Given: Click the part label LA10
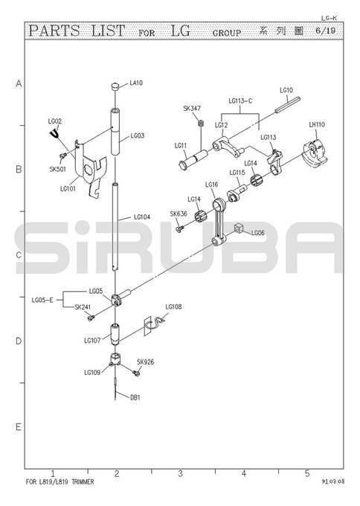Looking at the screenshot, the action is click(x=136, y=83).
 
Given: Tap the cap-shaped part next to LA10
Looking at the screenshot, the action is click(x=115, y=86).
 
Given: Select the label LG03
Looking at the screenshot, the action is click(x=138, y=136).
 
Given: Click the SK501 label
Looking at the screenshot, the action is click(x=58, y=169).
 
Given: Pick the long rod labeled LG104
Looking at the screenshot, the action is click(x=115, y=226).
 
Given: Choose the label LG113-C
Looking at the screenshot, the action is click(x=240, y=101).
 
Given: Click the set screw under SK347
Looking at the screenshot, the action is click(x=201, y=123).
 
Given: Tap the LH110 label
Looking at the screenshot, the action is click(x=317, y=124).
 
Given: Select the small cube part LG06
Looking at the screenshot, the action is click(x=238, y=228).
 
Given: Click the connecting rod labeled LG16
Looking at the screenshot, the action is click(x=219, y=222).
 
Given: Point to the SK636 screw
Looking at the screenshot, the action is click(x=180, y=228).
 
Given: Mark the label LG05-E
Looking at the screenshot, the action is click(x=42, y=300).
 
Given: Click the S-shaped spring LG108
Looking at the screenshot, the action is click(x=154, y=324).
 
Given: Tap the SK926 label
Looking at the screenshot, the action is click(x=146, y=362).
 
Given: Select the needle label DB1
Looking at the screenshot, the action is click(x=135, y=397).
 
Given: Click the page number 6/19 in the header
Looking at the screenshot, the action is click(x=325, y=31).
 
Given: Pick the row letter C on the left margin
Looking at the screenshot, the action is click(x=19, y=255).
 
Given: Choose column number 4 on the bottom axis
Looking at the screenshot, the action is click(x=243, y=473).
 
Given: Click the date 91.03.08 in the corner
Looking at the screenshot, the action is click(x=333, y=481).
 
